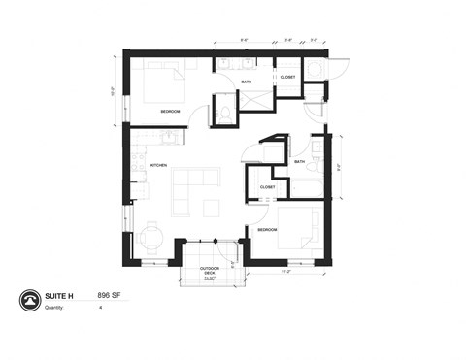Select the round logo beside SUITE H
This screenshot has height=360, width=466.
[30, 302]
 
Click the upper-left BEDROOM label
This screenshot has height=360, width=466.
[170, 112]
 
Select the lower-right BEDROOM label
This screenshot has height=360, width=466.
[268, 229]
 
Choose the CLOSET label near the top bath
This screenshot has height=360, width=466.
[288, 77]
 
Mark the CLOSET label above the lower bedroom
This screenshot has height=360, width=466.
[267, 186]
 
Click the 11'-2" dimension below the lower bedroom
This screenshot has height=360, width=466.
[285, 273]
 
